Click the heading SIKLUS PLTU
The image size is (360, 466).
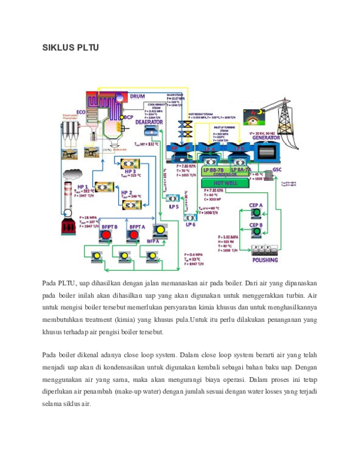(70, 47)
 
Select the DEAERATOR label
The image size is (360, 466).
(149, 122)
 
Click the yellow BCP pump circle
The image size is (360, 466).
(121, 117)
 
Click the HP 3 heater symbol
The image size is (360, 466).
(130, 164)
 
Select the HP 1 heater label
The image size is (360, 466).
(82, 187)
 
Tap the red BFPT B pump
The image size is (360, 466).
(106, 235)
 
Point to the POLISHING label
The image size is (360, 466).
(265, 260)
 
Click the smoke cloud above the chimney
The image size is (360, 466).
(72, 174)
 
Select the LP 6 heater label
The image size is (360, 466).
(191, 224)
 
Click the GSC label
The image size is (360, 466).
(277, 169)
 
